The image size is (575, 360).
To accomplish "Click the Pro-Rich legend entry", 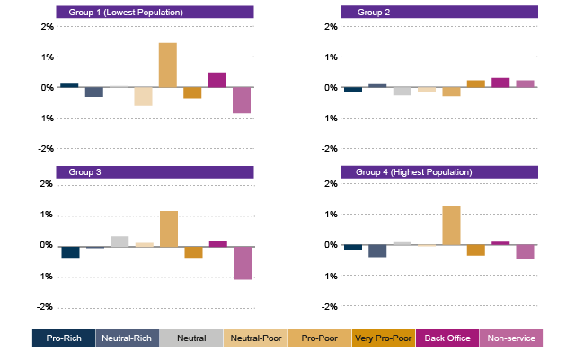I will pyautogui.click(x=63, y=338).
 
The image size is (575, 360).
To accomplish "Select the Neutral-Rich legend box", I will pyautogui.click(x=127, y=338).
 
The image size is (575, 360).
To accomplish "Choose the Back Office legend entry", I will pyautogui.click(x=446, y=338).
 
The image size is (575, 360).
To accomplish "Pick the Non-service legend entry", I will pyautogui.click(x=510, y=338).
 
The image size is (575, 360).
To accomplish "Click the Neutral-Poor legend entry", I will pyautogui.click(x=254, y=338).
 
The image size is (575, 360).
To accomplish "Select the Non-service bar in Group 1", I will pyautogui.click(x=242, y=101).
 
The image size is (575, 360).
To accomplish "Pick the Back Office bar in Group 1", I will pyautogui.click(x=217, y=79).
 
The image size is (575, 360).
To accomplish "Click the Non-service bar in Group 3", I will pyautogui.click(x=242, y=262).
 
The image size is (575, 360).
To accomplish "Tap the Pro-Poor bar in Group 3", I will pyautogui.click(x=167, y=228).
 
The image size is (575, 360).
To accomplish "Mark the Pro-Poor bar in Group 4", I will pyautogui.click(x=451, y=225).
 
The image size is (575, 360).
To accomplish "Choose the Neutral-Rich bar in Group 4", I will pyautogui.click(x=377, y=251).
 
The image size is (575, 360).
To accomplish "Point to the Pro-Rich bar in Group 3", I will pyautogui.click(x=69, y=252).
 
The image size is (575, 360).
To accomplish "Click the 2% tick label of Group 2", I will pyautogui.click(x=330, y=26).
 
